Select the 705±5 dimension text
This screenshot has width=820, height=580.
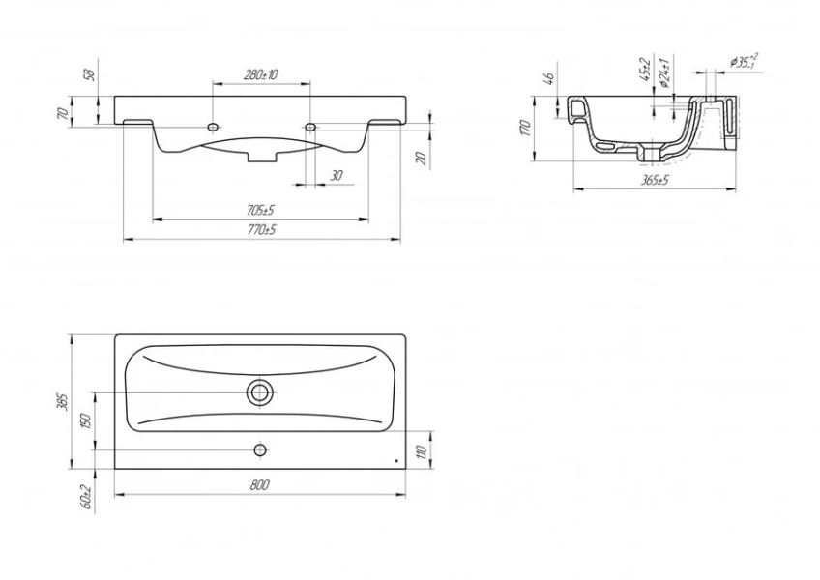pos(260,210)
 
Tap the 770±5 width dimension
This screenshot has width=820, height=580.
pos(260,230)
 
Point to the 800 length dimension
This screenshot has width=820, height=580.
pos(259,485)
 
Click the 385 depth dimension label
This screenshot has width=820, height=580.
pos(63,401)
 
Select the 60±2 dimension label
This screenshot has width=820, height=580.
pos(85,497)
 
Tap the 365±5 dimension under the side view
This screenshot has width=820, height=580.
pos(655,180)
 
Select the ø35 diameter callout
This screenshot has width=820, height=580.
pos(744,60)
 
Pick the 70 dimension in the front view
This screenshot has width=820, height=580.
pos(63,113)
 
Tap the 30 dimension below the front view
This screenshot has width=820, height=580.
pos(336,175)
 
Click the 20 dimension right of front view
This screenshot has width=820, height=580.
pos(422,158)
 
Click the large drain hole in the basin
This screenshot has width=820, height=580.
pos(259,391)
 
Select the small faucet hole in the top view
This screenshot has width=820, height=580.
pos(259,449)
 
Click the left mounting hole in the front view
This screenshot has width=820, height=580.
pos(212,127)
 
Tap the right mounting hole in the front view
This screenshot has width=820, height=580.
pos(310,127)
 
